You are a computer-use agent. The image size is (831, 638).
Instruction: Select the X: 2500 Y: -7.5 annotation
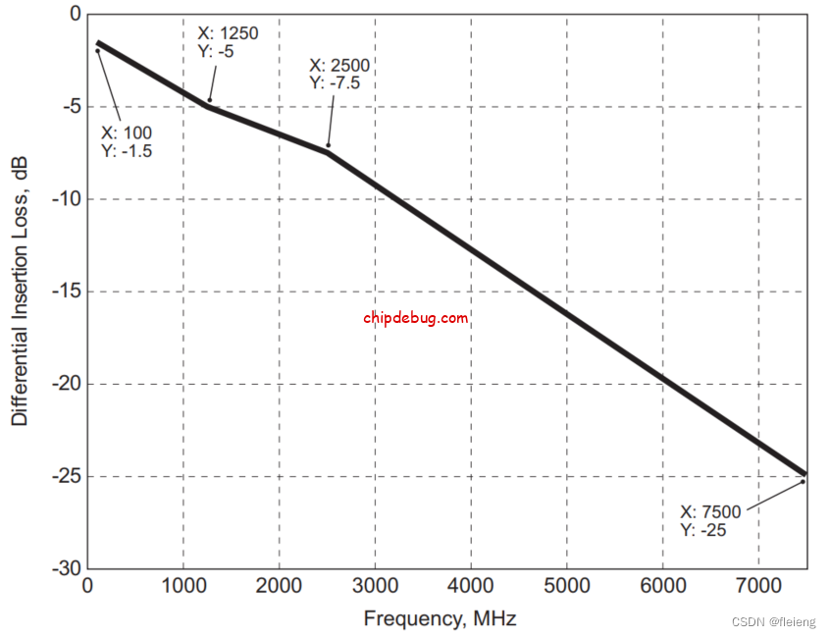click(339, 75)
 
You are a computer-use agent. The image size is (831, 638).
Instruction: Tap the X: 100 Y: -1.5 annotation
click(127, 141)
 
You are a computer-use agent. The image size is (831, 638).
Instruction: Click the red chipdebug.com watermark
click(416, 318)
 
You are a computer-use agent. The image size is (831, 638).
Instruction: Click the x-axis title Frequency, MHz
click(440, 618)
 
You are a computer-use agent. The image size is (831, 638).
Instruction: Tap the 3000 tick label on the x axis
click(375, 587)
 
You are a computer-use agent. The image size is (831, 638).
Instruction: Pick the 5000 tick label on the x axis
click(566, 587)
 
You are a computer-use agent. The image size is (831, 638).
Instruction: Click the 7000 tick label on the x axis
click(758, 587)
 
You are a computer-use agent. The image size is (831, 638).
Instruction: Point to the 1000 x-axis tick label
click(183, 587)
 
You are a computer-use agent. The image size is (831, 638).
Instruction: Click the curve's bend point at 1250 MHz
click(207, 105)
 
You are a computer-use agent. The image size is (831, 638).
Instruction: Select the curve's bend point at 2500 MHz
click(327, 151)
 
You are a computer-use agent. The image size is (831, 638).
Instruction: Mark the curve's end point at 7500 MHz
click(805, 474)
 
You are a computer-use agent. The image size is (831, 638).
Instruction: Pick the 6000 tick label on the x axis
click(662, 587)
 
